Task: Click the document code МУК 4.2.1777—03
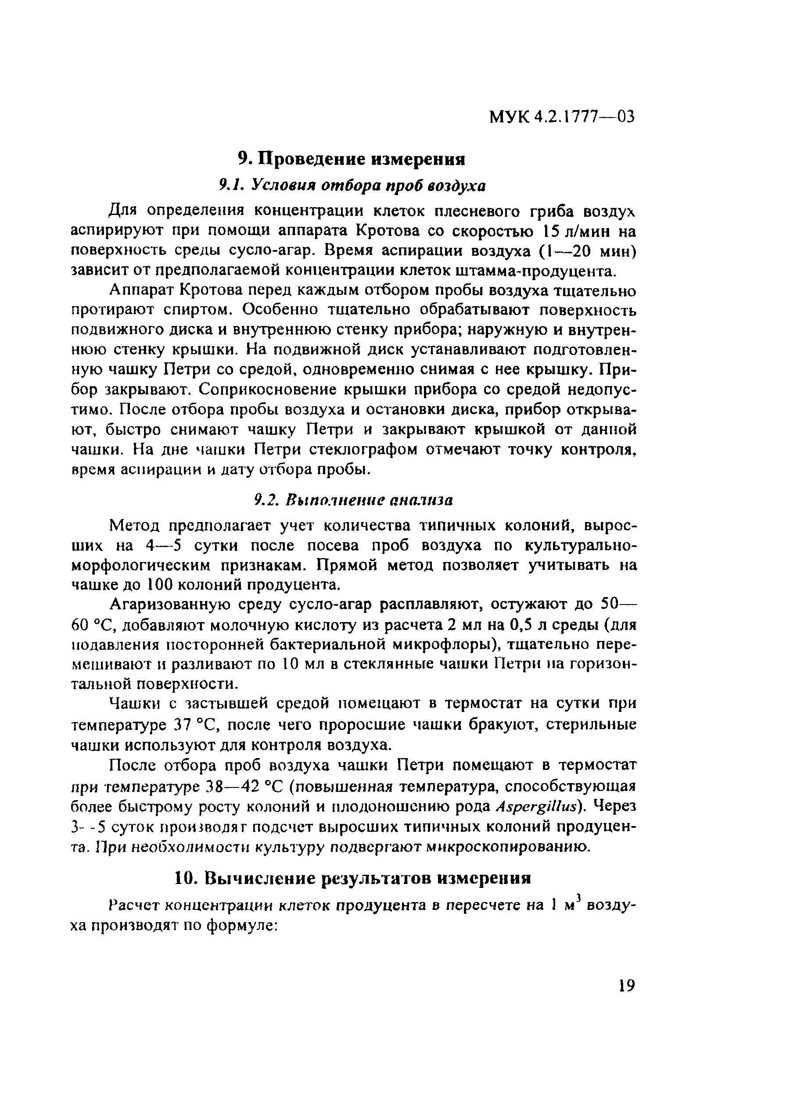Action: click(x=561, y=117)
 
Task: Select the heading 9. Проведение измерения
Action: click(x=352, y=159)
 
